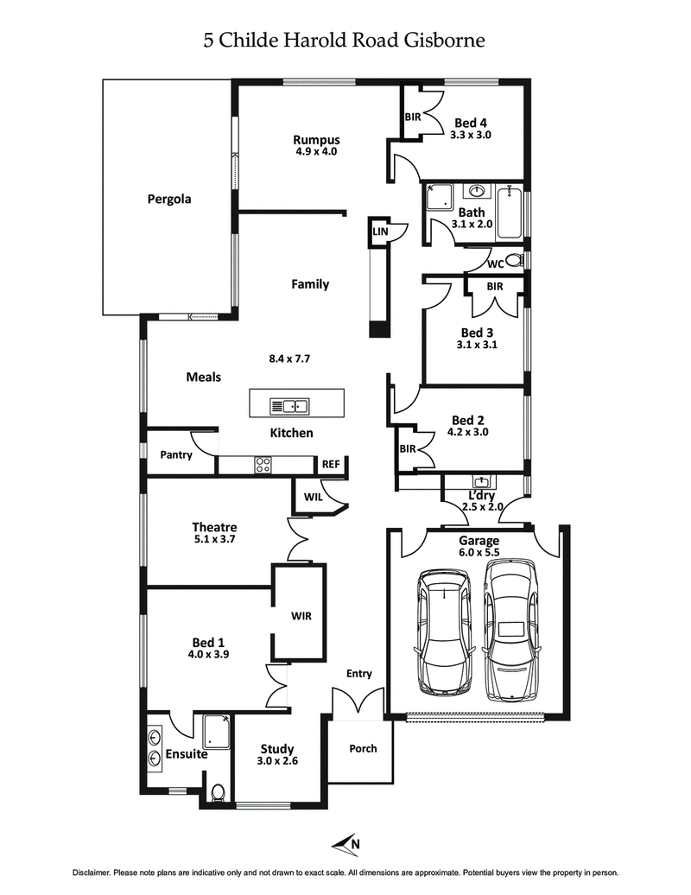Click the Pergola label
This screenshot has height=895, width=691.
[168, 199]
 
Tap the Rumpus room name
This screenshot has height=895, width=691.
[315, 140]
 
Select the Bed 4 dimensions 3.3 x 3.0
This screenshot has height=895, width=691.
[470, 135]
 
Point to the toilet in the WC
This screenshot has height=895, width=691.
[513, 260]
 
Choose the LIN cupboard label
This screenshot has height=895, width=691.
[380, 232]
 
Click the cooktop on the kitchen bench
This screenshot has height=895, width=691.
[263, 465]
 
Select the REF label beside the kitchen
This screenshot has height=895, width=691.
[331, 464]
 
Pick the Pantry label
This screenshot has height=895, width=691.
[175, 454]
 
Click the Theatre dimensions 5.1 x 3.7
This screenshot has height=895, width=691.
[214, 539]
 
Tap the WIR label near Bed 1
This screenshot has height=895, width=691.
[301, 616]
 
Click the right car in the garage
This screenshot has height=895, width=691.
[510, 629]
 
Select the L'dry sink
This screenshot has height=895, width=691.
[480, 482]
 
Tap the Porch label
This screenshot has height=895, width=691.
[363, 748]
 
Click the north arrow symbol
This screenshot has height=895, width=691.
[345, 842]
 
